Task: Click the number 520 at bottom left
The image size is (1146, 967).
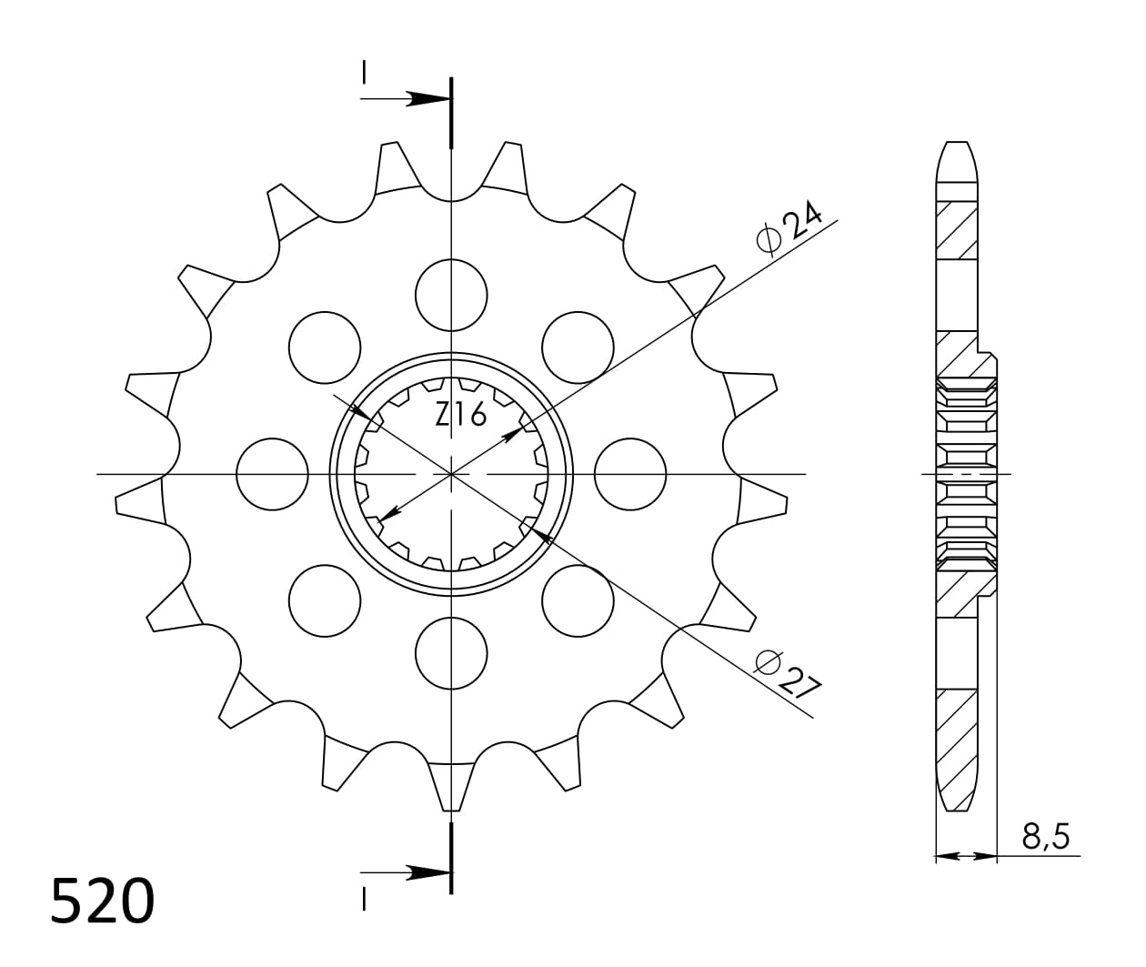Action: tap(102, 902)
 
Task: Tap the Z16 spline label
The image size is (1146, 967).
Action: tap(460, 415)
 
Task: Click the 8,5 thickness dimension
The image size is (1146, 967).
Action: tap(1045, 835)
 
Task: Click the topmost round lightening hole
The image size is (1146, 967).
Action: tap(451, 295)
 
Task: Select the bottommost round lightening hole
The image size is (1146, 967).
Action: tap(451, 653)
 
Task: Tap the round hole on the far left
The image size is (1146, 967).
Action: tap(272, 474)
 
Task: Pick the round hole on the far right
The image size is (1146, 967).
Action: tap(630, 474)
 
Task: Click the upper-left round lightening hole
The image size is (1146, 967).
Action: tap(325, 348)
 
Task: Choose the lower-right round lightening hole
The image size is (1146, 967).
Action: tap(578, 600)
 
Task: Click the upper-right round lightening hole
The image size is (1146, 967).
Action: tap(578, 348)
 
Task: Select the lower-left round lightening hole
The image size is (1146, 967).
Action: tap(325, 600)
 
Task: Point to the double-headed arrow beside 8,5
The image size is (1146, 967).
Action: tap(966, 856)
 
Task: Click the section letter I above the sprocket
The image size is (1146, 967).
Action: tap(364, 72)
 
